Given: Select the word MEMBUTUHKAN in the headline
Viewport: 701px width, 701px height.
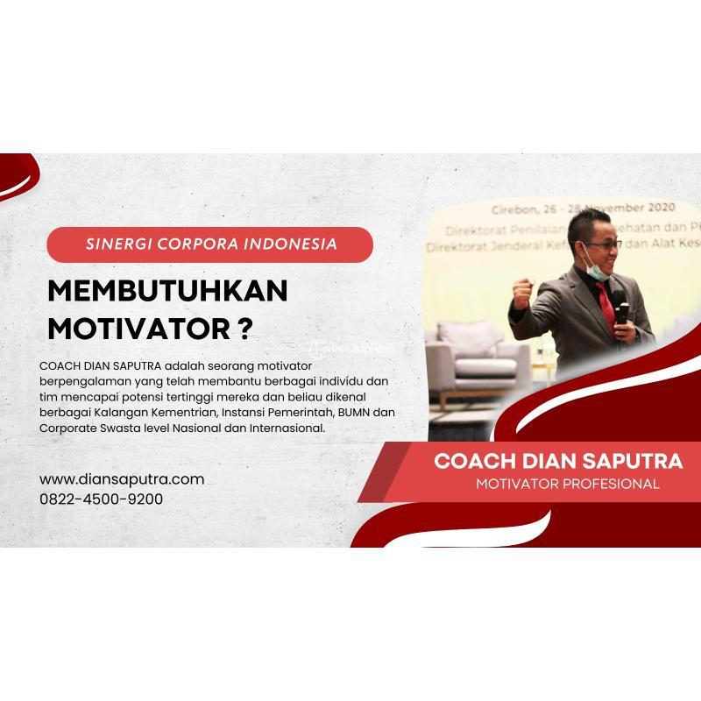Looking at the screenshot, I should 166,292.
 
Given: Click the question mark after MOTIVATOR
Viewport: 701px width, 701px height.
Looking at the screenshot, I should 246,329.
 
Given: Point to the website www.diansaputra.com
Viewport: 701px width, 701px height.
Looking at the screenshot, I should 122,479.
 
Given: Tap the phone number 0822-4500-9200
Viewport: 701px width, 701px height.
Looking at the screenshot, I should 101,499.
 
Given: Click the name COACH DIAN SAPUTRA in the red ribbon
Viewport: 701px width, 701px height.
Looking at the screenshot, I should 558,461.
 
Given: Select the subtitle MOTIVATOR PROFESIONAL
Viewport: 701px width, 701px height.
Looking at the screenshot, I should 568,484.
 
